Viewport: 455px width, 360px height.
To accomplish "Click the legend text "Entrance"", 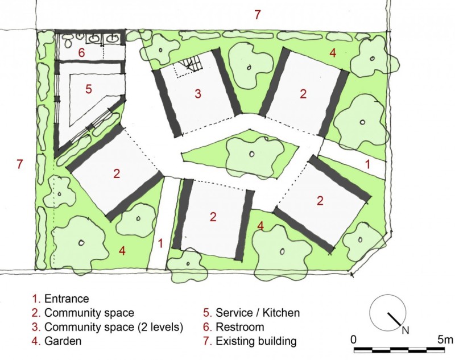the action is click(x=67, y=299).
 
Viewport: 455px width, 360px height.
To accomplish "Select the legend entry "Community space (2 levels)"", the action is click(x=113, y=327).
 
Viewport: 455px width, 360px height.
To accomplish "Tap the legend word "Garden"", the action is click(x=63, y=341).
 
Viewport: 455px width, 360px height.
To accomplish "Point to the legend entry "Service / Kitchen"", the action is click(x=258, y=313).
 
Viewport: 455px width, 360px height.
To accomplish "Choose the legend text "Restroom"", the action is click(x=240, y=327).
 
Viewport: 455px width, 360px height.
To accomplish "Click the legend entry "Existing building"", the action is click(x=256, y=341).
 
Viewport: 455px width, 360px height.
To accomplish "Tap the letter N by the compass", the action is click(x=406, y=330).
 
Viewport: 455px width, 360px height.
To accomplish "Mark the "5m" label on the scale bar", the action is click(x=445, y=340).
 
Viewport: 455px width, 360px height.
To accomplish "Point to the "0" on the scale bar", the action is click(x=353, y=340).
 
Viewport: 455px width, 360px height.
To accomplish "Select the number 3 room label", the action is click(x=198, y=94).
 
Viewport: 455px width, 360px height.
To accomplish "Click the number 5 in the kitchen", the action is click(x=89, y=89).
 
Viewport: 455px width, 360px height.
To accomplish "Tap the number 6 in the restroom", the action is click(x=81, y=52).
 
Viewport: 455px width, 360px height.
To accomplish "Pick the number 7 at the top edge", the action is click(x=258, y=15).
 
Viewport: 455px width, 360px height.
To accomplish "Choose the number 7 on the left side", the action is click(x=19, y=164).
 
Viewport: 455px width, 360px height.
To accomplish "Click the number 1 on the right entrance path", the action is click(x=367, y=164).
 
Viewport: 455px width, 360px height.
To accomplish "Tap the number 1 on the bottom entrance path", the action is click(x=160, y=243).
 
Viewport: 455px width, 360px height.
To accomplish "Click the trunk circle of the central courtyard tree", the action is click(x=251, y=154).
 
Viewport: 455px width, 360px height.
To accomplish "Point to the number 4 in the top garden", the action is click(x=333, y=53).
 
